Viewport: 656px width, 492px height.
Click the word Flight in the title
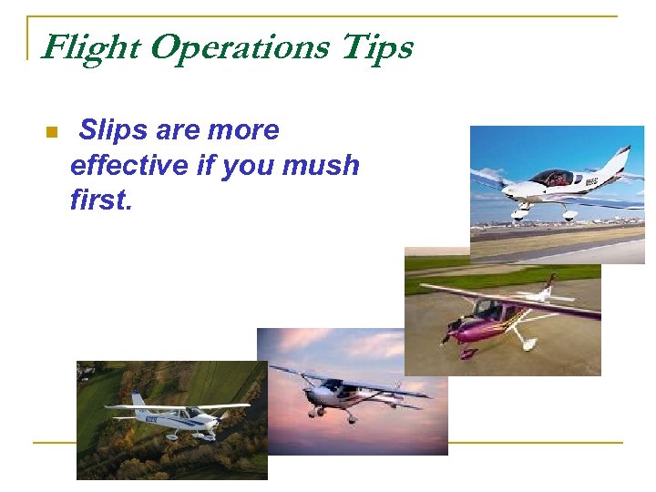(91, 47)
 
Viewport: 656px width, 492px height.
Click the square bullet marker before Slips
(51, 133)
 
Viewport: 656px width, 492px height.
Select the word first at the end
(101, 200)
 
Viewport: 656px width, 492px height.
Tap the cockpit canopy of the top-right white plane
(552, 177)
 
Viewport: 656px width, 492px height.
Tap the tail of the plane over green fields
(138, 401)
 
